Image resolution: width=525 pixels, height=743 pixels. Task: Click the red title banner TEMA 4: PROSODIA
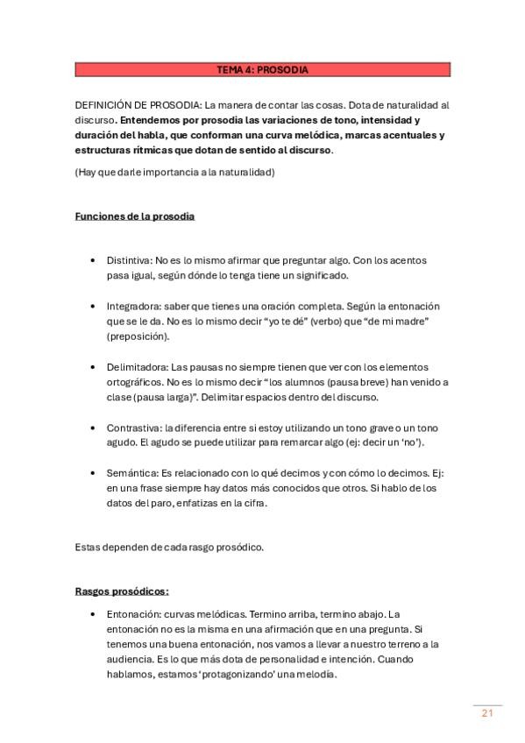pyautogui.click(x=262, y=69)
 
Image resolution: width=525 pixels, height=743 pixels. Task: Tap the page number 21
pyautogui.click(x=487, y=713)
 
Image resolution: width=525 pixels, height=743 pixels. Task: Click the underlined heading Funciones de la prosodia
pyautogui.click(x=134, y=216)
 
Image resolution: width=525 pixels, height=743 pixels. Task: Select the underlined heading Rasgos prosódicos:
pyautogui.click(x=122, y=591)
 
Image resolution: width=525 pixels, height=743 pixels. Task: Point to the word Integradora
pyautogui.click(x=133, y=306)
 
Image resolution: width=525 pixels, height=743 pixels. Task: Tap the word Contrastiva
pyautogui.click(x=133, y=427)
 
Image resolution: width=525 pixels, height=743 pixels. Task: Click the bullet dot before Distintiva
pyautogui.click(x=93, y=261)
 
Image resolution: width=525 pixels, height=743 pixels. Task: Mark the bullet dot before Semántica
pyautogui.click(x=93, y=472)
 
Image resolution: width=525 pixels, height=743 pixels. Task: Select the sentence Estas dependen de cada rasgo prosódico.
pyautogui.click(x=169, y=547)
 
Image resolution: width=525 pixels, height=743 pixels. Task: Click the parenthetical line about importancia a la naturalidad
pyautogui.click(x=174, y=172)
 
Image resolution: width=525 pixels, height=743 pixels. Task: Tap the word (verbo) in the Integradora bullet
pyautogui.click(x=305, y=322)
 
